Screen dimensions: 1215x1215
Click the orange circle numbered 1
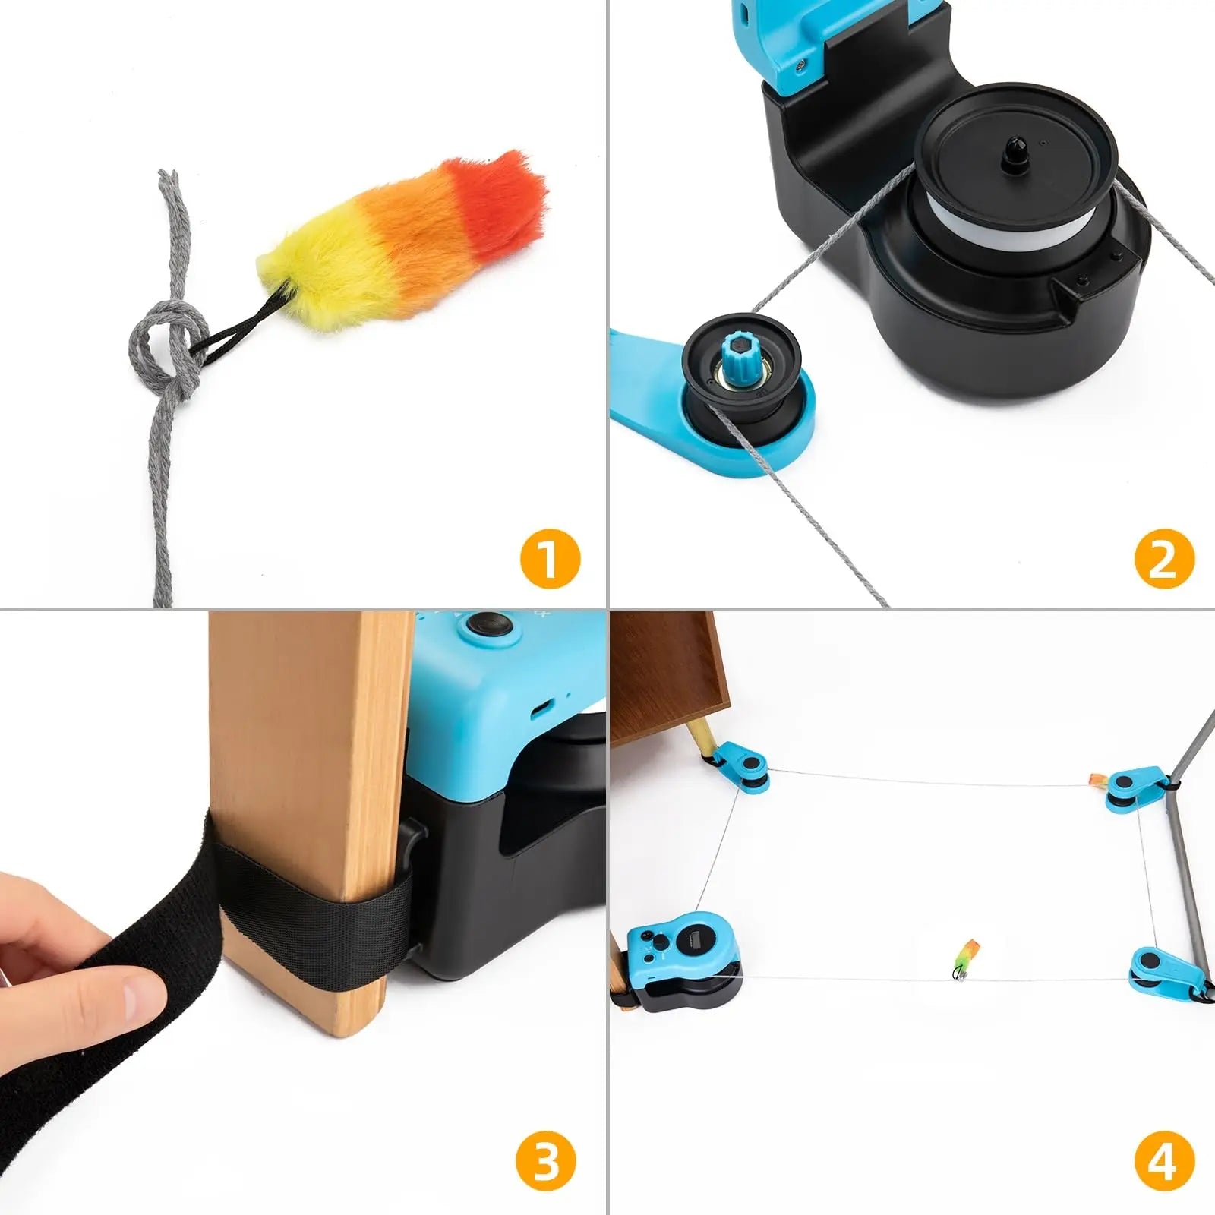click(x=551, y=559)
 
